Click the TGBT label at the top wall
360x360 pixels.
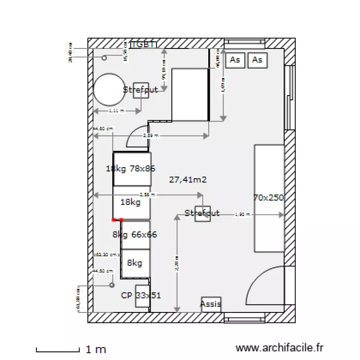tap(144, 44)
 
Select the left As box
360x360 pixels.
tap(235, 60)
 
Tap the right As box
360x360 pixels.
tap(257, 60)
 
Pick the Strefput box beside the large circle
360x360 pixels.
tap(141, 90)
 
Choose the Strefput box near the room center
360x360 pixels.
tap(202, 213)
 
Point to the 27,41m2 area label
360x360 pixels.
tap(188, 180)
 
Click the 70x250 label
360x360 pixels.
tap(269, 197)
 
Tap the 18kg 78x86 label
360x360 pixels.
tap(131, 168)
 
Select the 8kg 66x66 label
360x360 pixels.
tap(135, 235)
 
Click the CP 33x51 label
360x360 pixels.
tap(141, 295)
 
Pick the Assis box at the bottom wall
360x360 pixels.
tap(211, 304)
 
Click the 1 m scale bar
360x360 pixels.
tap(57, 349)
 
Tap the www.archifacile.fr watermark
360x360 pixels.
tap(280, 347)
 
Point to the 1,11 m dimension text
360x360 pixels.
tap(116, 111)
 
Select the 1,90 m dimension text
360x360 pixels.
tap(242, 215)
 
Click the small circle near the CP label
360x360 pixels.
tap(112, 285)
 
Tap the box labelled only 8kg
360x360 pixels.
tap(135, 263)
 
